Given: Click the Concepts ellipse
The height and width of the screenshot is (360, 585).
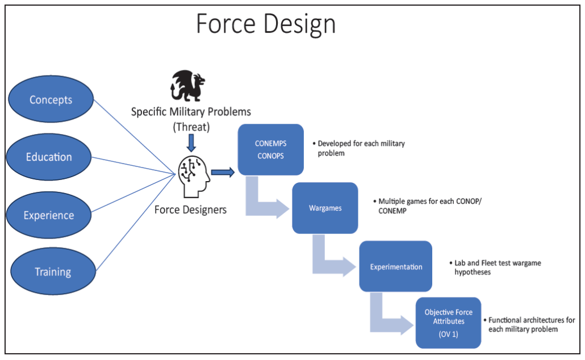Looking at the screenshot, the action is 51,99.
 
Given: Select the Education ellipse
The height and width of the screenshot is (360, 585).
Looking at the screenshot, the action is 49,157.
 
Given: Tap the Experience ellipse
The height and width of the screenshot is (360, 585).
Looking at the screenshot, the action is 49,215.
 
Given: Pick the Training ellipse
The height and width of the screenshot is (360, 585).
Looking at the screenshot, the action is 53,271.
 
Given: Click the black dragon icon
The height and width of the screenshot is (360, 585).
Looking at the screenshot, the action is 187,86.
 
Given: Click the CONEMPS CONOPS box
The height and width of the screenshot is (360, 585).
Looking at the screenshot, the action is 271,149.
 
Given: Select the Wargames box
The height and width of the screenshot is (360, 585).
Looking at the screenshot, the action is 325,208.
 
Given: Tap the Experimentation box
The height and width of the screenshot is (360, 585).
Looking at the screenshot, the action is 395,266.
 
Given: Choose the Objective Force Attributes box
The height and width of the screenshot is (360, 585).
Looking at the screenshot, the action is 449,323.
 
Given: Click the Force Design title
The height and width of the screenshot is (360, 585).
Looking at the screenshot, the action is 266,24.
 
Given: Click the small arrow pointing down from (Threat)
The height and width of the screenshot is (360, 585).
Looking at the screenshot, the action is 191,143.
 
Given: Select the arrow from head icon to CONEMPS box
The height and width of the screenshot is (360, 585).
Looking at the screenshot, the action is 223,172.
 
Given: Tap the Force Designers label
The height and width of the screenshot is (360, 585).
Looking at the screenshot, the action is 190,210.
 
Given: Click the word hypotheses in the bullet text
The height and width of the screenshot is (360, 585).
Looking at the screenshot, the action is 473,273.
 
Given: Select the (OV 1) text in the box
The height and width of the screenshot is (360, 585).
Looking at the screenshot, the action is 449,334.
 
